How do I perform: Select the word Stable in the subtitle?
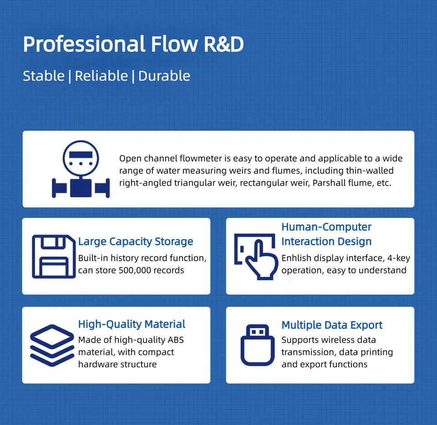44,76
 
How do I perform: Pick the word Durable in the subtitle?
164,76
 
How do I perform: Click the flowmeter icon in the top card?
81,169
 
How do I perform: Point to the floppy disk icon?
53,256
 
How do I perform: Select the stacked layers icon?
51,345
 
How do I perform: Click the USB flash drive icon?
258,345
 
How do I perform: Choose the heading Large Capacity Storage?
136,242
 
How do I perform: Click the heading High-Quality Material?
132,324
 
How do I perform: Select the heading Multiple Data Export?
332,325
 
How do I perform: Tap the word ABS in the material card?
175,340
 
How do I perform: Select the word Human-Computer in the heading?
326,227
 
